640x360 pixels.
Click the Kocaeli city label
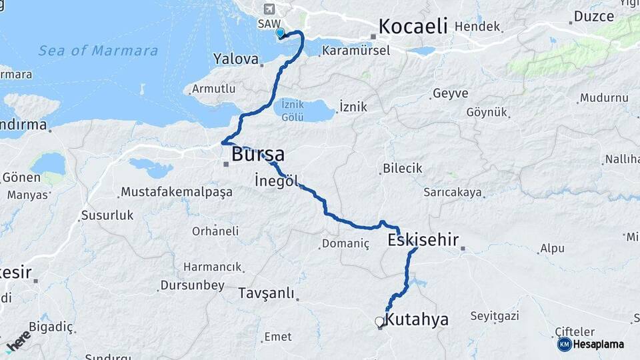(413, 27)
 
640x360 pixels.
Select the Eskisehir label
(424, 240)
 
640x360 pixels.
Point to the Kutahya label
(417, 319)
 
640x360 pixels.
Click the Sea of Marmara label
(98, 51)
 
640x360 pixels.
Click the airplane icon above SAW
(269, 9)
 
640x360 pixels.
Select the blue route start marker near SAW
(280, 32)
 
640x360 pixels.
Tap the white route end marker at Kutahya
(379, 322)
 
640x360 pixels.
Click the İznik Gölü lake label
(293, 111)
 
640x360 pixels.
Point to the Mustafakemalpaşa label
(176, 192)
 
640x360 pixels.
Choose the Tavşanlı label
(266, 293)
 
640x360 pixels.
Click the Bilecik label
(403, 168)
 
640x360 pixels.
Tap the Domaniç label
(345, 243)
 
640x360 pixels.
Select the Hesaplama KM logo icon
(565, 344)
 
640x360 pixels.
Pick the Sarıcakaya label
(453, 192)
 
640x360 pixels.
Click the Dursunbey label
(192, 285)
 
